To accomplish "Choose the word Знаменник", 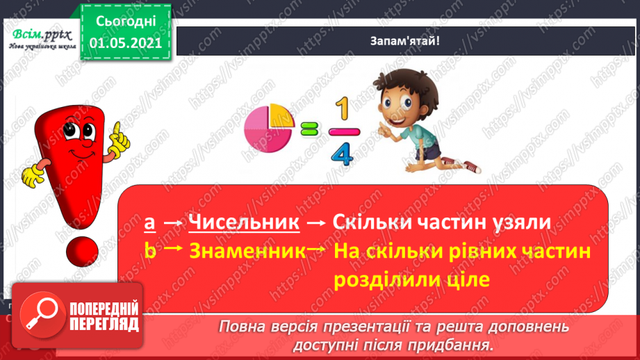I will (246, 251).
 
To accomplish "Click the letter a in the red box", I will (149, 223).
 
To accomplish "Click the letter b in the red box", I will (149, 251).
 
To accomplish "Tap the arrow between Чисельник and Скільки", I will (317, 223).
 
